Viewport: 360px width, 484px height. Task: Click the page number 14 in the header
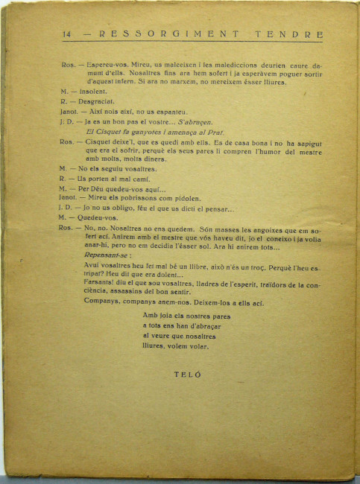66,34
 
